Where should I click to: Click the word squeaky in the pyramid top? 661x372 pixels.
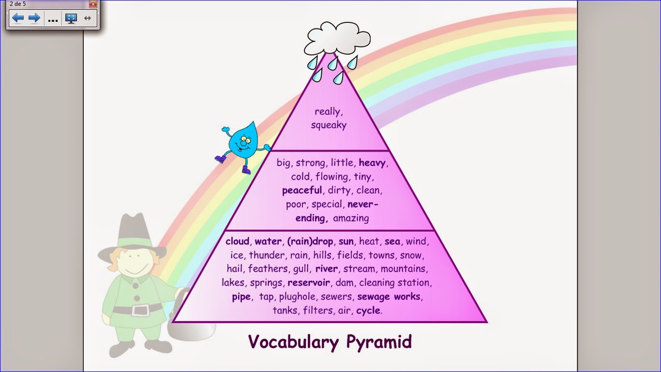tap(329, 125)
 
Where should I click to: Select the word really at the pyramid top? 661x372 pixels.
tap(328, 111)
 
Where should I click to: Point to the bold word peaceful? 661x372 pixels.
tap(301, 190)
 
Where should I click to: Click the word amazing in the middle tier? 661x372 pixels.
tap(351, 218)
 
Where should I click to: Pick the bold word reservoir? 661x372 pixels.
tap(309, 282)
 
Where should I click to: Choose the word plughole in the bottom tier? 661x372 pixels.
tap(297, 296)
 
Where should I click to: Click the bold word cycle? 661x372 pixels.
tap(368, 310)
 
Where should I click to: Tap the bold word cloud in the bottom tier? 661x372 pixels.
tap(237, 241)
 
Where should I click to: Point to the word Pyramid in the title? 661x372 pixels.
tap(379, 341)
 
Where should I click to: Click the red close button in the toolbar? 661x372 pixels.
tap(93, 4)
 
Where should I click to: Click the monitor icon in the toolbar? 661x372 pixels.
tap(71, 18)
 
